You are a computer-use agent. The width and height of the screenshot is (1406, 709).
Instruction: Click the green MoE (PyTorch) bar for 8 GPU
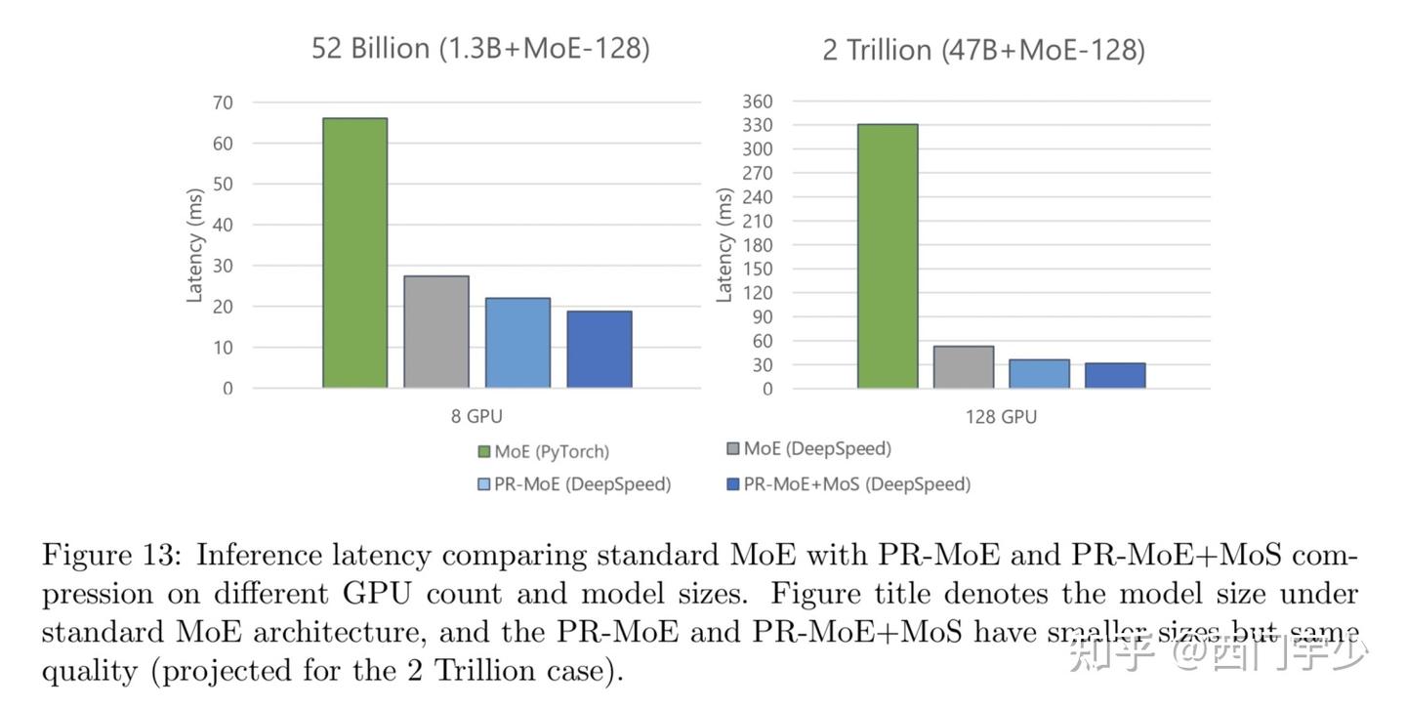[x=354, y=253]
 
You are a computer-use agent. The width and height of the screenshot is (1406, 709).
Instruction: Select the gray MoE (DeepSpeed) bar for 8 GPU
[x=436, y=332]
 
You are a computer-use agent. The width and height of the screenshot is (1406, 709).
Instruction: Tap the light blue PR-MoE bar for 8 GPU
[x=517, y=343]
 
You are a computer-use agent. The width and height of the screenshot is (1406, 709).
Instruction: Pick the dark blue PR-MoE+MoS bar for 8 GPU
[x=600, y=350]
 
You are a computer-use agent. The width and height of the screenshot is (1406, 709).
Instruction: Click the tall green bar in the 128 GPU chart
[x=888, y=256]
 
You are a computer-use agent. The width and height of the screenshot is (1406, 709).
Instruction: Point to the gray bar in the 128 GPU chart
[x=963, y=367]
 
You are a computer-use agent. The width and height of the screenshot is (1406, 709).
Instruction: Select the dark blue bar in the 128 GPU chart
[x=1115, y=376]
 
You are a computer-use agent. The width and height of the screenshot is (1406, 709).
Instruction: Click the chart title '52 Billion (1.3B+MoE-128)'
[x=480, y=48]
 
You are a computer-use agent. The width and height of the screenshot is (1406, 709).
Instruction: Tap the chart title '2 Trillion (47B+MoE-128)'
[x=983, y=49]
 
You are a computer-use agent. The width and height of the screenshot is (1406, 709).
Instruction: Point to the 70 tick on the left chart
[x=223, y=103]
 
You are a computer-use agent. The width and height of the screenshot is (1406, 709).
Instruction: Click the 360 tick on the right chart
[x=758, y=102]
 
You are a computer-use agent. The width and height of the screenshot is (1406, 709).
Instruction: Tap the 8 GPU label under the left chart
[x=476, y=417]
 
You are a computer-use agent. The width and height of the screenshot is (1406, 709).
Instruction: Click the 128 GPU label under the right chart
[x=1001, y=417]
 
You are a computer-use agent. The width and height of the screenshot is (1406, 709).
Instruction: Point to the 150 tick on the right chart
[x=759, y=270]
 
